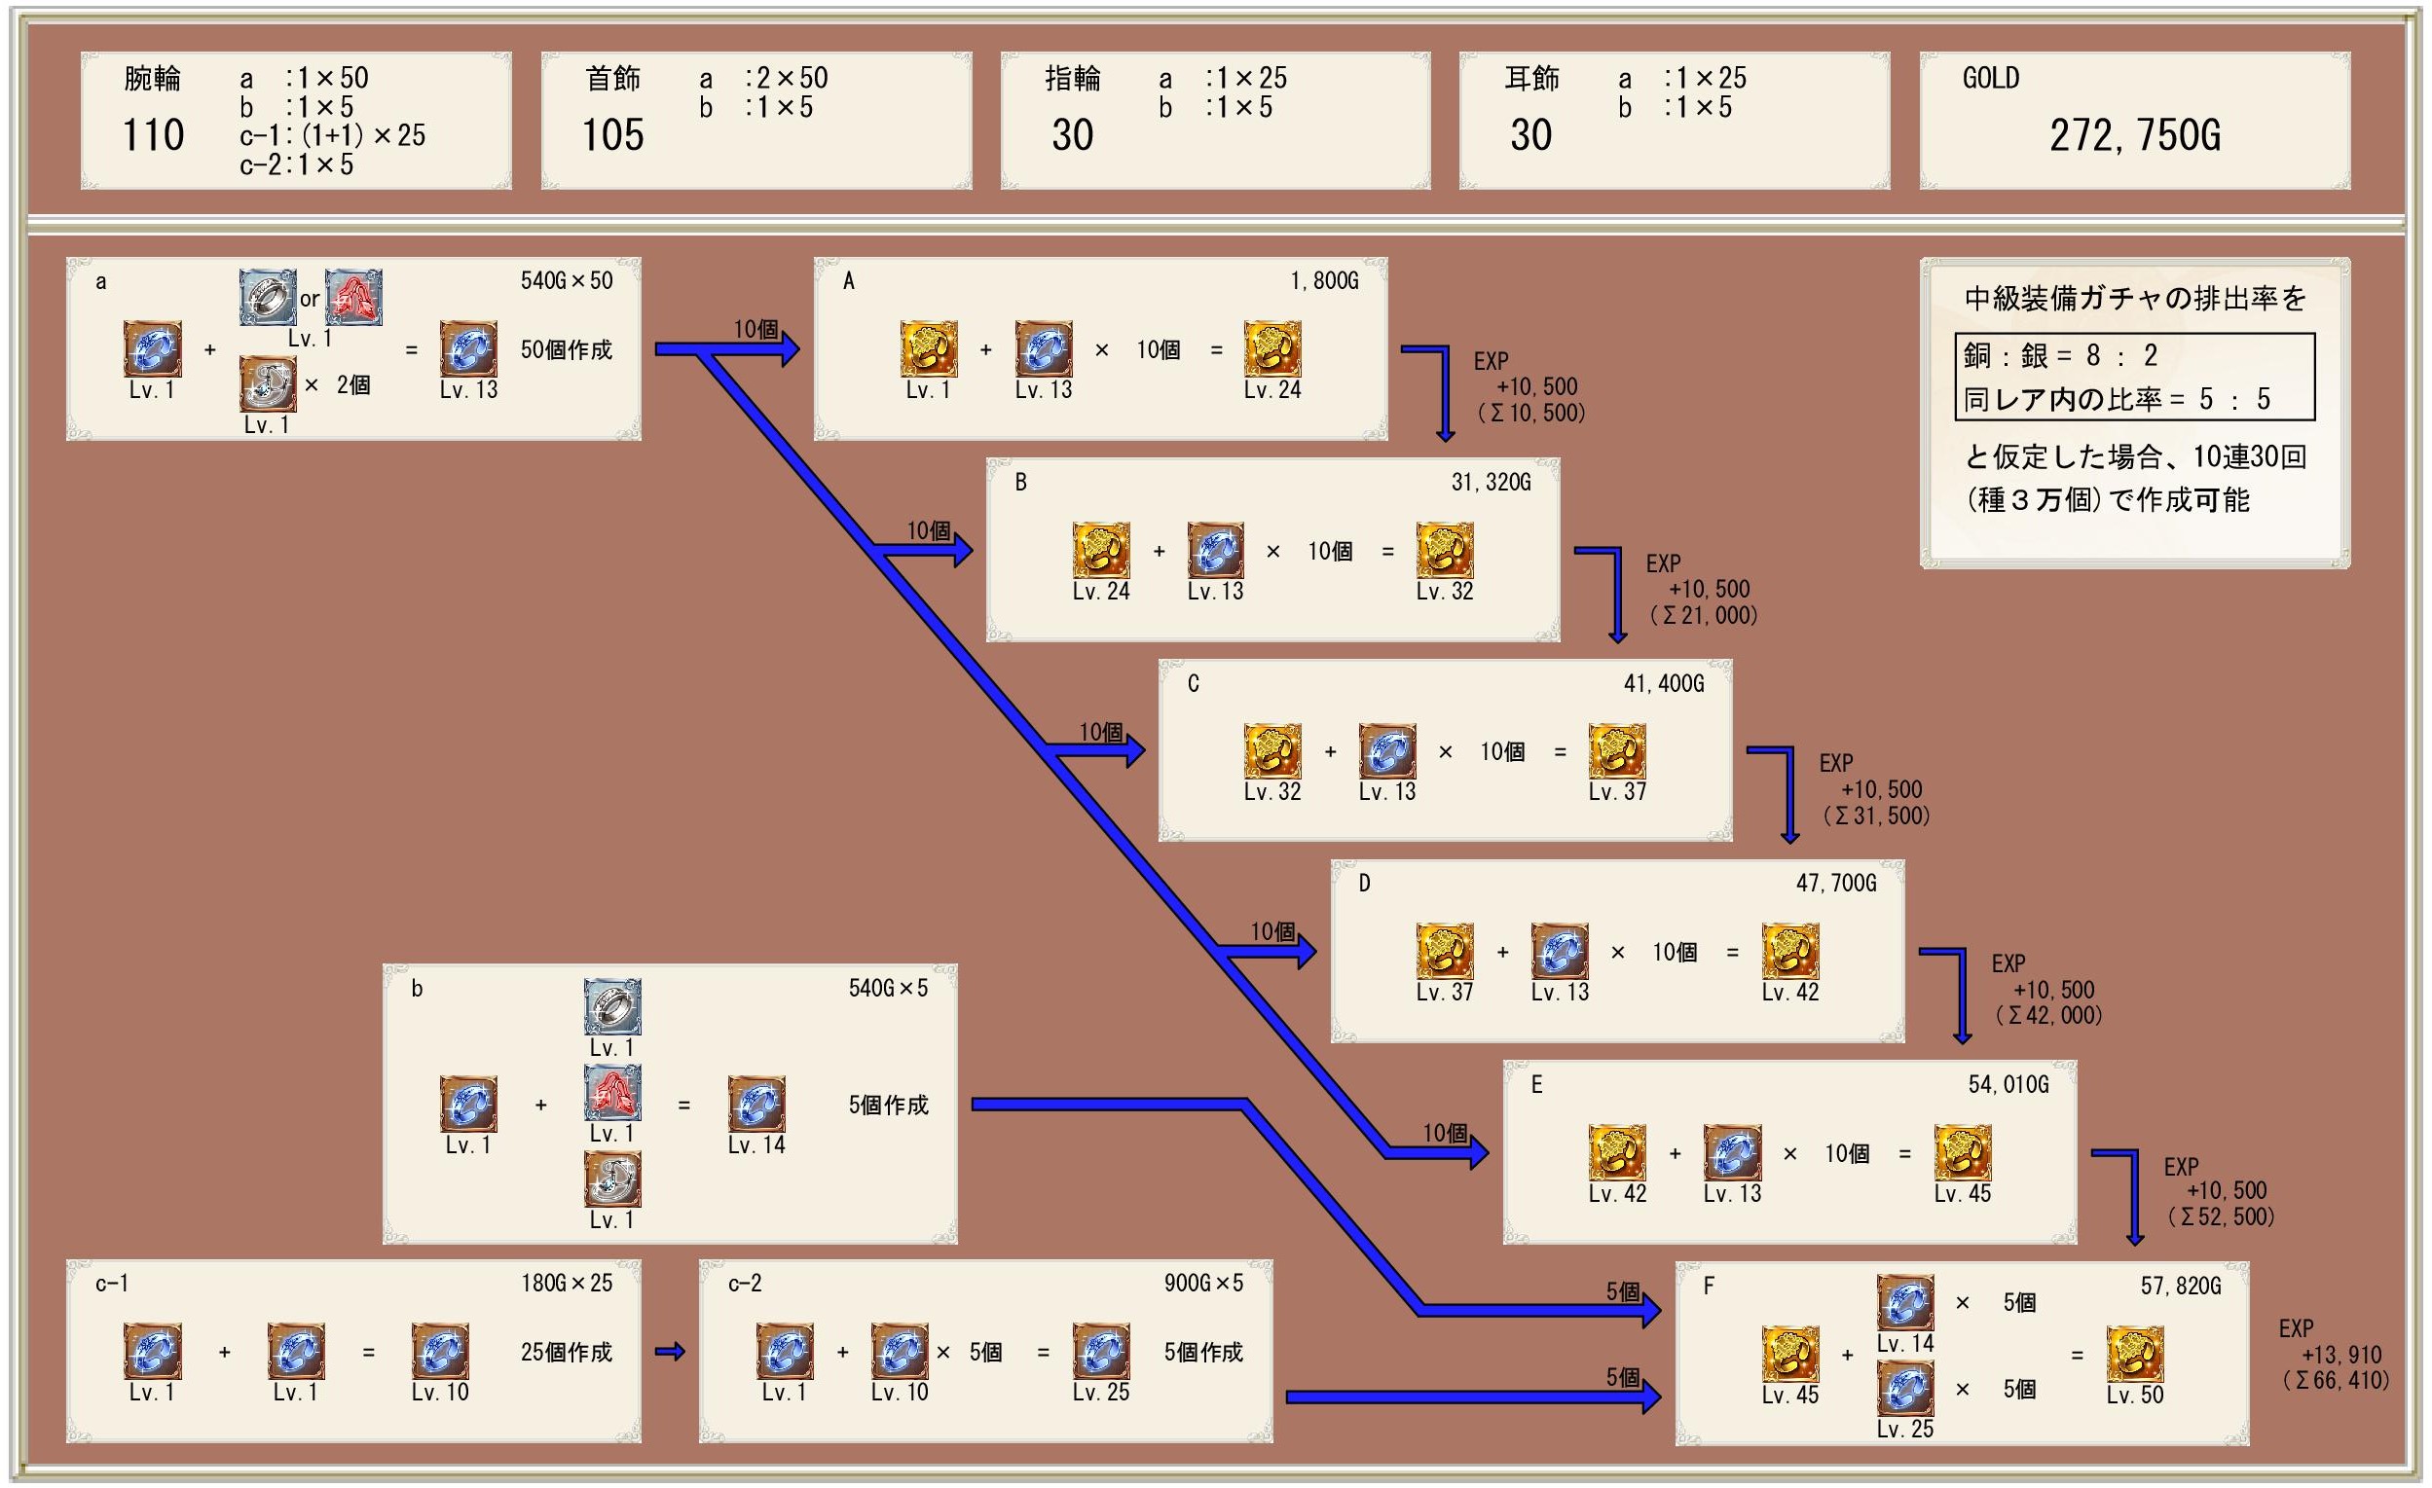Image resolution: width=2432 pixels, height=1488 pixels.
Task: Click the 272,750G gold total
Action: (2134, 135)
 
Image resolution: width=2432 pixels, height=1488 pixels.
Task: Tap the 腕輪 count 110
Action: (153, 135)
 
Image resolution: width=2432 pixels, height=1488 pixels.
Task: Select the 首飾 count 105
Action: (613, 135)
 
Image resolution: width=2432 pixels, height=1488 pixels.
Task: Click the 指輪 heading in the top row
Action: (1072, 78)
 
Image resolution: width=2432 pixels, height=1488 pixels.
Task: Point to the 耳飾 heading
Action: (1530, 78)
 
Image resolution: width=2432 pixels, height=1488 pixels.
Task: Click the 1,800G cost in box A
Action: (1324, 281)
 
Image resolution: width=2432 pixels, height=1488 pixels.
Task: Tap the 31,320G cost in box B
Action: (1491, 483)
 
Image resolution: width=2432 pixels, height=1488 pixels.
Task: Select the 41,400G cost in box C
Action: (1663, 683)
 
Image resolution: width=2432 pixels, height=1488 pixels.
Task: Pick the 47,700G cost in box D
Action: (1836, 883)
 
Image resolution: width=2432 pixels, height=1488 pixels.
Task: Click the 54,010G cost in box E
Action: (2008, 1084)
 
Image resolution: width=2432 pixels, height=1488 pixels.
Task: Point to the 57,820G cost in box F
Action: (2180, 1286)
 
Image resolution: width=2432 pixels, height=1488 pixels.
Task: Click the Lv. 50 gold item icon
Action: (2134, 1354)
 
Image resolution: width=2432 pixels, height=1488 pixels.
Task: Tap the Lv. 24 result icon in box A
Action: (1272, 348)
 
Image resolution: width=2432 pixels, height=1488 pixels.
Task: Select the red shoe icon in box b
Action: (612, 1092)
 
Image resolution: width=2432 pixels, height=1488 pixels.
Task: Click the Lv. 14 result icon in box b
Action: (756, 1104)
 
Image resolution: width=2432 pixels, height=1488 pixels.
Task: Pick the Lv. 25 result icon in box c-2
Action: (1100, 1350)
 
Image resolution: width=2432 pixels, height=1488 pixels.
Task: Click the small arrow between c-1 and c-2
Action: (669, 1352)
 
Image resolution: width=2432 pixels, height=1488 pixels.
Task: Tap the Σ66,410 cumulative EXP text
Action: (2336, 1380)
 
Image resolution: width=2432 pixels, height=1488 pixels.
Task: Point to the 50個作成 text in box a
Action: (566, 350)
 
